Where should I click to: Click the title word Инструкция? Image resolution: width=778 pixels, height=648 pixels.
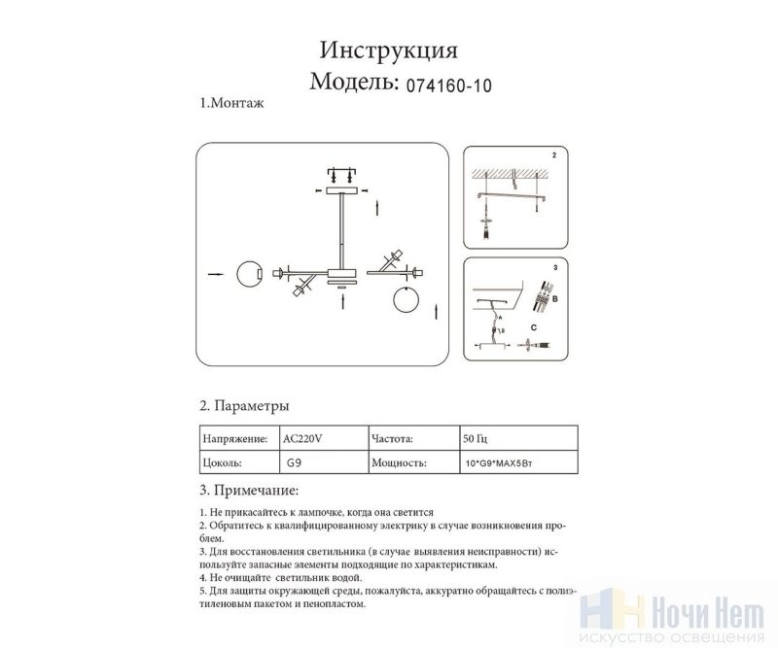coord(388,51)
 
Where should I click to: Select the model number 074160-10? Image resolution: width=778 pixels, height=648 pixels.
coord(449,85)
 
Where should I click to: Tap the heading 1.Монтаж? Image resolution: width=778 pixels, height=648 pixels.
coord(231,103)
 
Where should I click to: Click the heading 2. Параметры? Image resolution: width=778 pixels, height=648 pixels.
coord(244,406)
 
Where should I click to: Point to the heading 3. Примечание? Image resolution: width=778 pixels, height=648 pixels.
coord(249,491)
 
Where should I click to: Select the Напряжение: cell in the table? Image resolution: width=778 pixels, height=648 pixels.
coord(239,438)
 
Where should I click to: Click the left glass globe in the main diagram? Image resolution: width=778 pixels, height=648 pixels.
coord(250,274)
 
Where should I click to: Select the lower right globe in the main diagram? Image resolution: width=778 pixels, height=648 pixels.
coord(406,299)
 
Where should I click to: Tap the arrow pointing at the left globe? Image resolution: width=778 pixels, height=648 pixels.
coord(215,274)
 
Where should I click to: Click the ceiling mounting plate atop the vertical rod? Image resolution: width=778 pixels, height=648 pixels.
coord(341,190)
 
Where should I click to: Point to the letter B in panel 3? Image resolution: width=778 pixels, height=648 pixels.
coord(554,299)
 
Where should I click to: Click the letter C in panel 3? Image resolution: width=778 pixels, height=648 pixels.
coord(533,327)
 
